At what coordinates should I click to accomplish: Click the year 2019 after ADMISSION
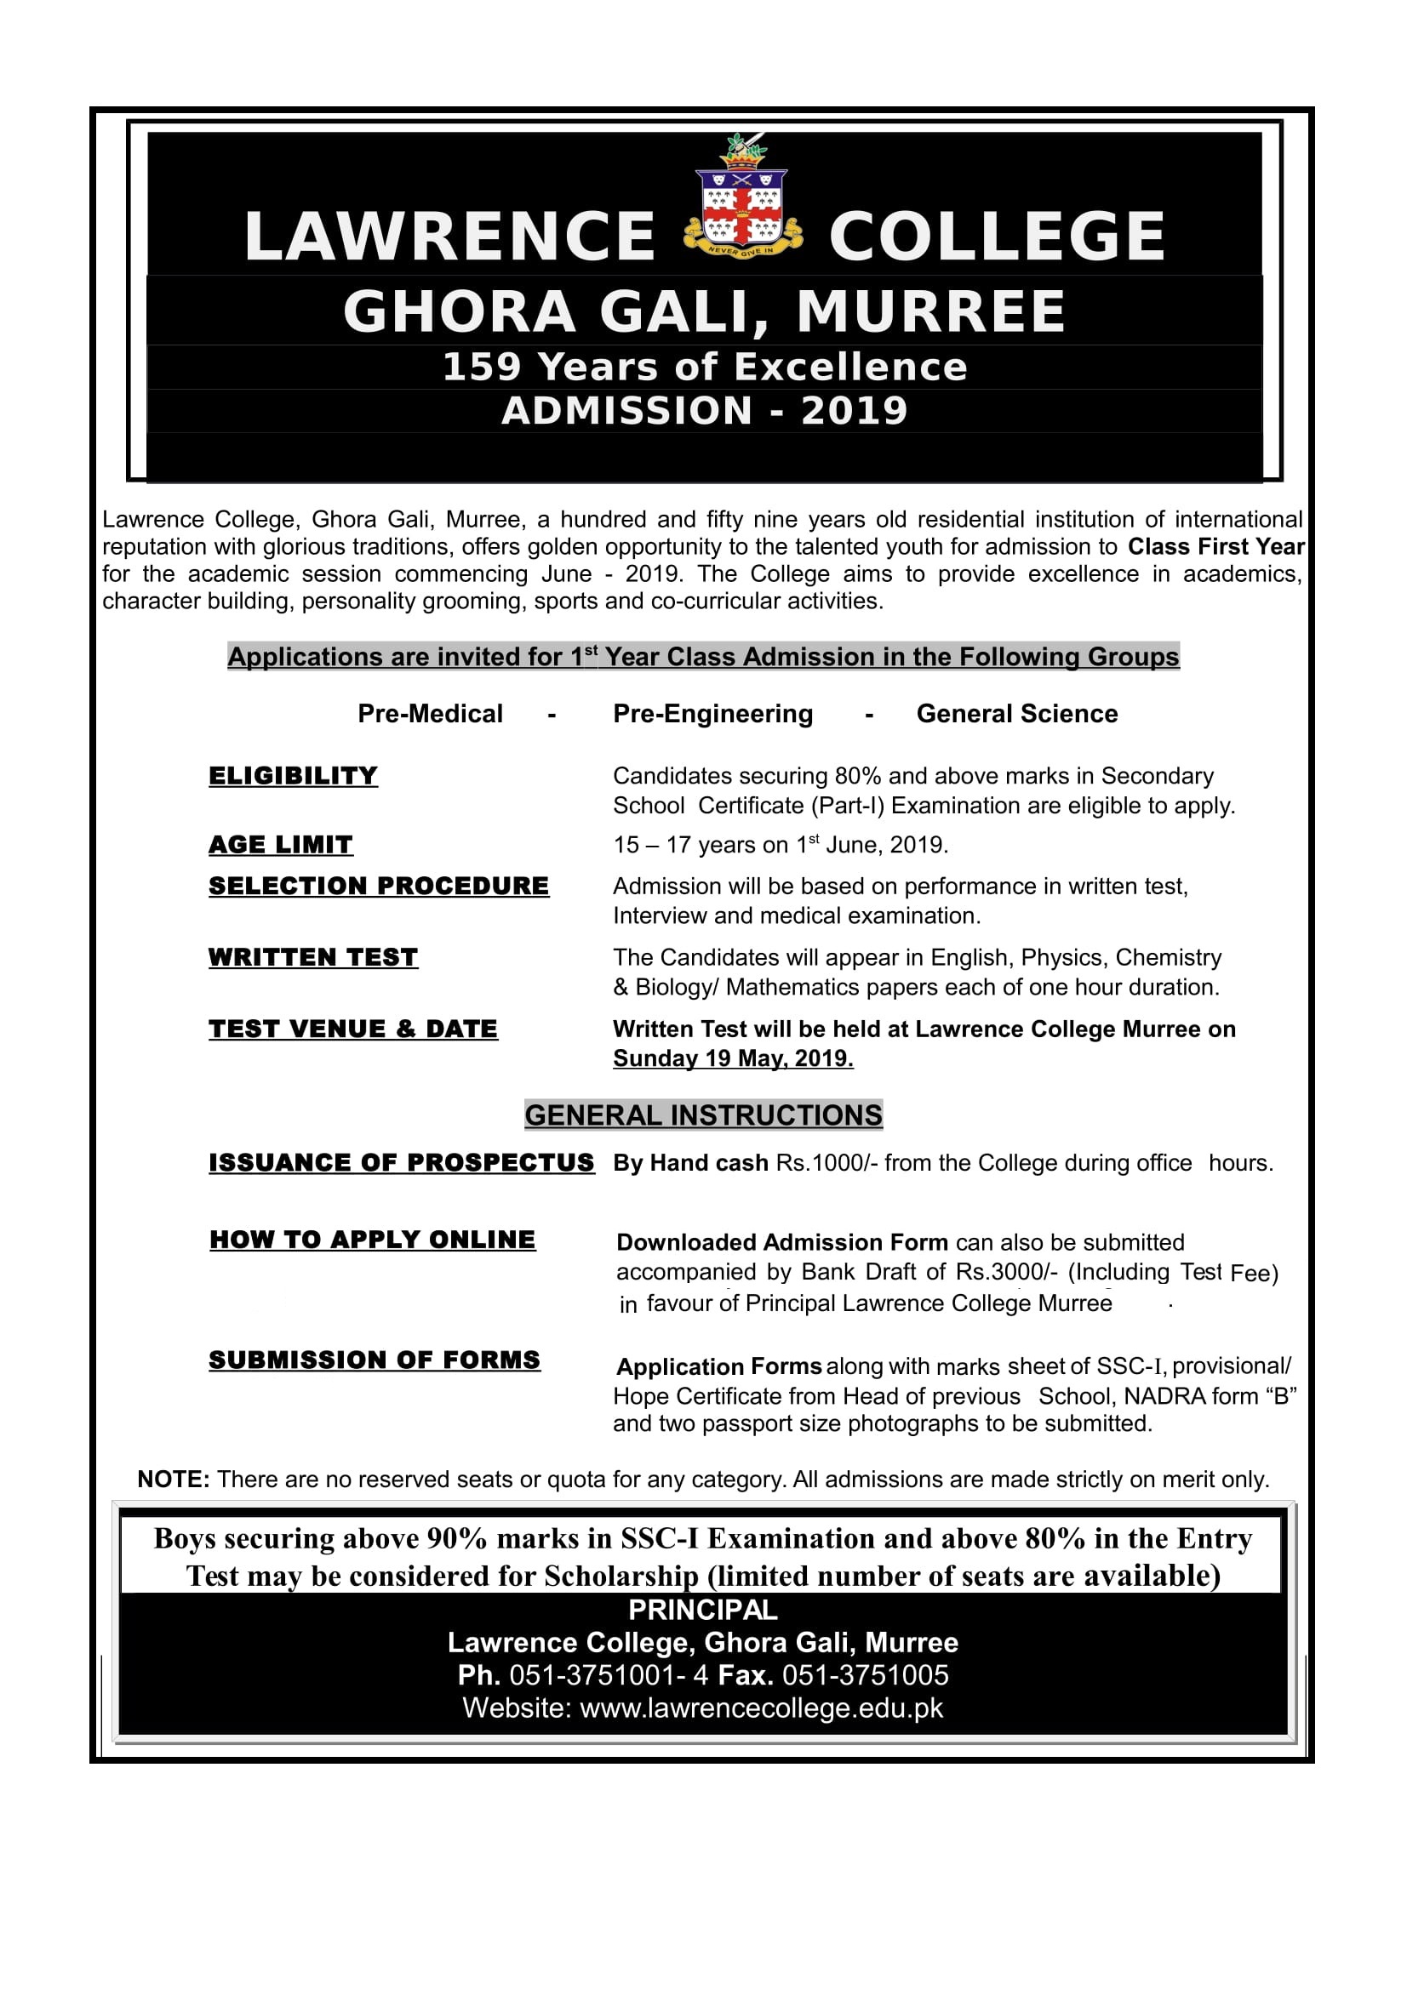coord(854,411)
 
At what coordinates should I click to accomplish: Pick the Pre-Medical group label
coord(430,713)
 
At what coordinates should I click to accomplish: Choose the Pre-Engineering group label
coord(712,713)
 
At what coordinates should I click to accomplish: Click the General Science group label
coord(1017,713)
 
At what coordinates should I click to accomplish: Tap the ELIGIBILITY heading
coord(293,776)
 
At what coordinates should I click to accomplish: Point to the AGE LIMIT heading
coord(281,844)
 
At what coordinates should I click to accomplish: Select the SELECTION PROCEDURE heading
coord(379,886)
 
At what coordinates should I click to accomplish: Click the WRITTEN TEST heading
coord(313,957)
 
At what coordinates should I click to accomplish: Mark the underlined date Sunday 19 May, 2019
coord(733,1058)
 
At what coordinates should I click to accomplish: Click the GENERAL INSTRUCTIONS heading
coord(703,1115)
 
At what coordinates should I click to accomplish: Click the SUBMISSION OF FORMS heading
coord(375,1360)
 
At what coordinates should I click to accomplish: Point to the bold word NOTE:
coord(174,1480)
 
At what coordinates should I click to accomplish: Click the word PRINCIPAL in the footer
coord(703,1610)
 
